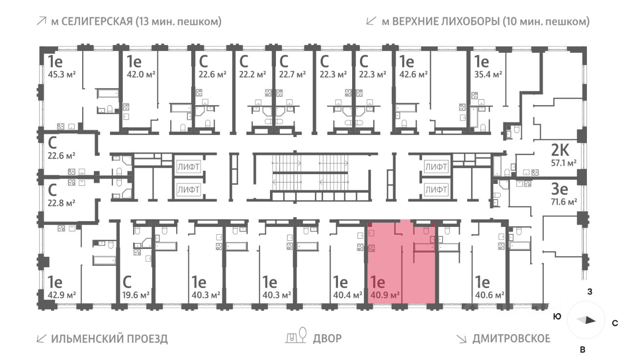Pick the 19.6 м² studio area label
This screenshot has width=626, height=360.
[135, 295]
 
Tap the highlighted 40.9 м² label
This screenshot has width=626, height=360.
[385, 295]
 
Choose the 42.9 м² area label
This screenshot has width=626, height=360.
[61, 295]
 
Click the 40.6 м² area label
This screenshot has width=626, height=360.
[490, 295]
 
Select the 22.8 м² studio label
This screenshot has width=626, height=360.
[61, 202]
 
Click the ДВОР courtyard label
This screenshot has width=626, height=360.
[327, 338]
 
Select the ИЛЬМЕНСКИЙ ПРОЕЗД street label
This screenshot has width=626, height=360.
[109, 338]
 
